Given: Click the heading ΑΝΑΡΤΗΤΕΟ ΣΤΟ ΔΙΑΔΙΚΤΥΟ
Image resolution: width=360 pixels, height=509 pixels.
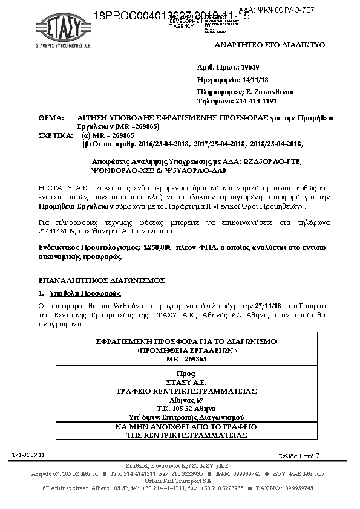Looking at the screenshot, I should [x=270, y=45].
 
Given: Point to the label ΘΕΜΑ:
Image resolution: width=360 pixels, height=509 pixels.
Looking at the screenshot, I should [x=51, y=118].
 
